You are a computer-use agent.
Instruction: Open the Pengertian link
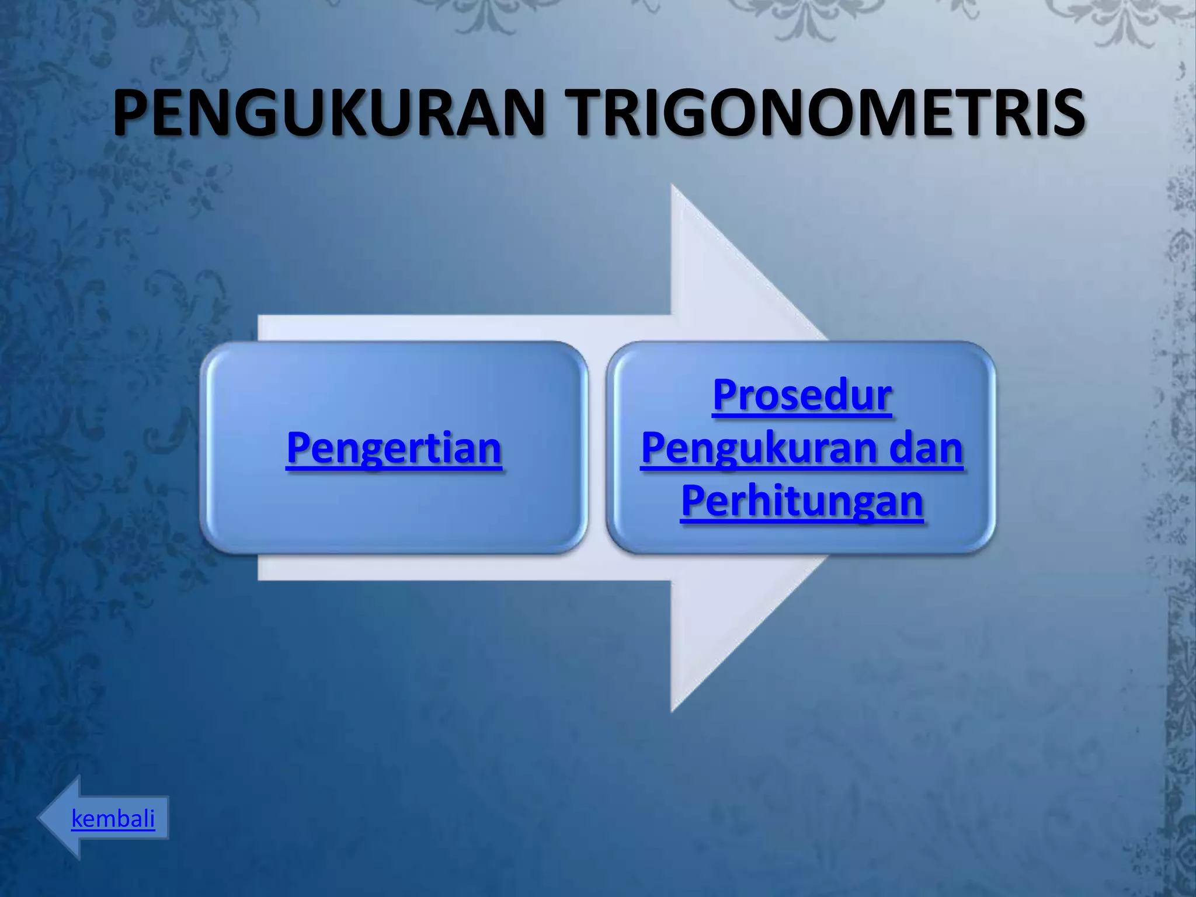[x=394, y=448]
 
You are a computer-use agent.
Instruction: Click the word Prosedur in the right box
[x=802, y=396]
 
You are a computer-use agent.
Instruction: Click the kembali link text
[x=113, y=818]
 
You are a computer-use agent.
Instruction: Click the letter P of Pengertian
[x=298, y=448]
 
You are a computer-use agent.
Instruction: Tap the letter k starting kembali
[x=77, y=818]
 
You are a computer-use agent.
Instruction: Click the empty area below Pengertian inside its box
[x=394, y=514]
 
